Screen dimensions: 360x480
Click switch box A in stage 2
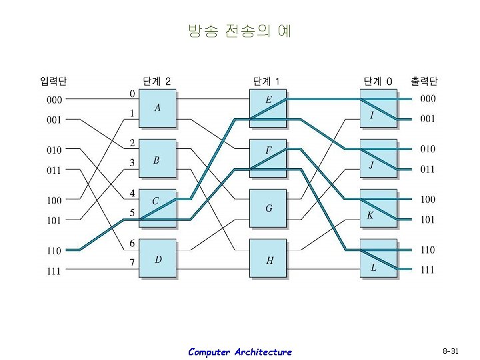click(157, 108)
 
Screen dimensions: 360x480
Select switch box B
click(157, 159)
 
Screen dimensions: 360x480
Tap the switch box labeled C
click(157, 208)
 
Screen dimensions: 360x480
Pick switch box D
click(157, 258)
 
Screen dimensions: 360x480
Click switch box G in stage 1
click(268, 208)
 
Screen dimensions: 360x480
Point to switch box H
click(268, 258)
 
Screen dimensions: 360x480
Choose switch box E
click(268, 108)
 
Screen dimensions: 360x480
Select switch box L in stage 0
click(378, 258)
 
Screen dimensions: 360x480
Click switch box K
click(378, 208)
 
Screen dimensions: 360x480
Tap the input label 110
click(54, 251)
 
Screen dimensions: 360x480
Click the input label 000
click(54, 100)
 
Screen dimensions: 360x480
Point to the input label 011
click(54, 171)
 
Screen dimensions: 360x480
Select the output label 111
click(427, 270)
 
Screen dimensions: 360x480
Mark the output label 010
click(427, 149)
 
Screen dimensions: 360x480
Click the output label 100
click(427, 199)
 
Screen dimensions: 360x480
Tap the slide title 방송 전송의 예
click(239, 31)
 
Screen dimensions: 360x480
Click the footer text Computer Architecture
click(239, 352)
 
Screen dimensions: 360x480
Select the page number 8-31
click(451, 351)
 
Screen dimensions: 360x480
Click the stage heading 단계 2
click(157, 81)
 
